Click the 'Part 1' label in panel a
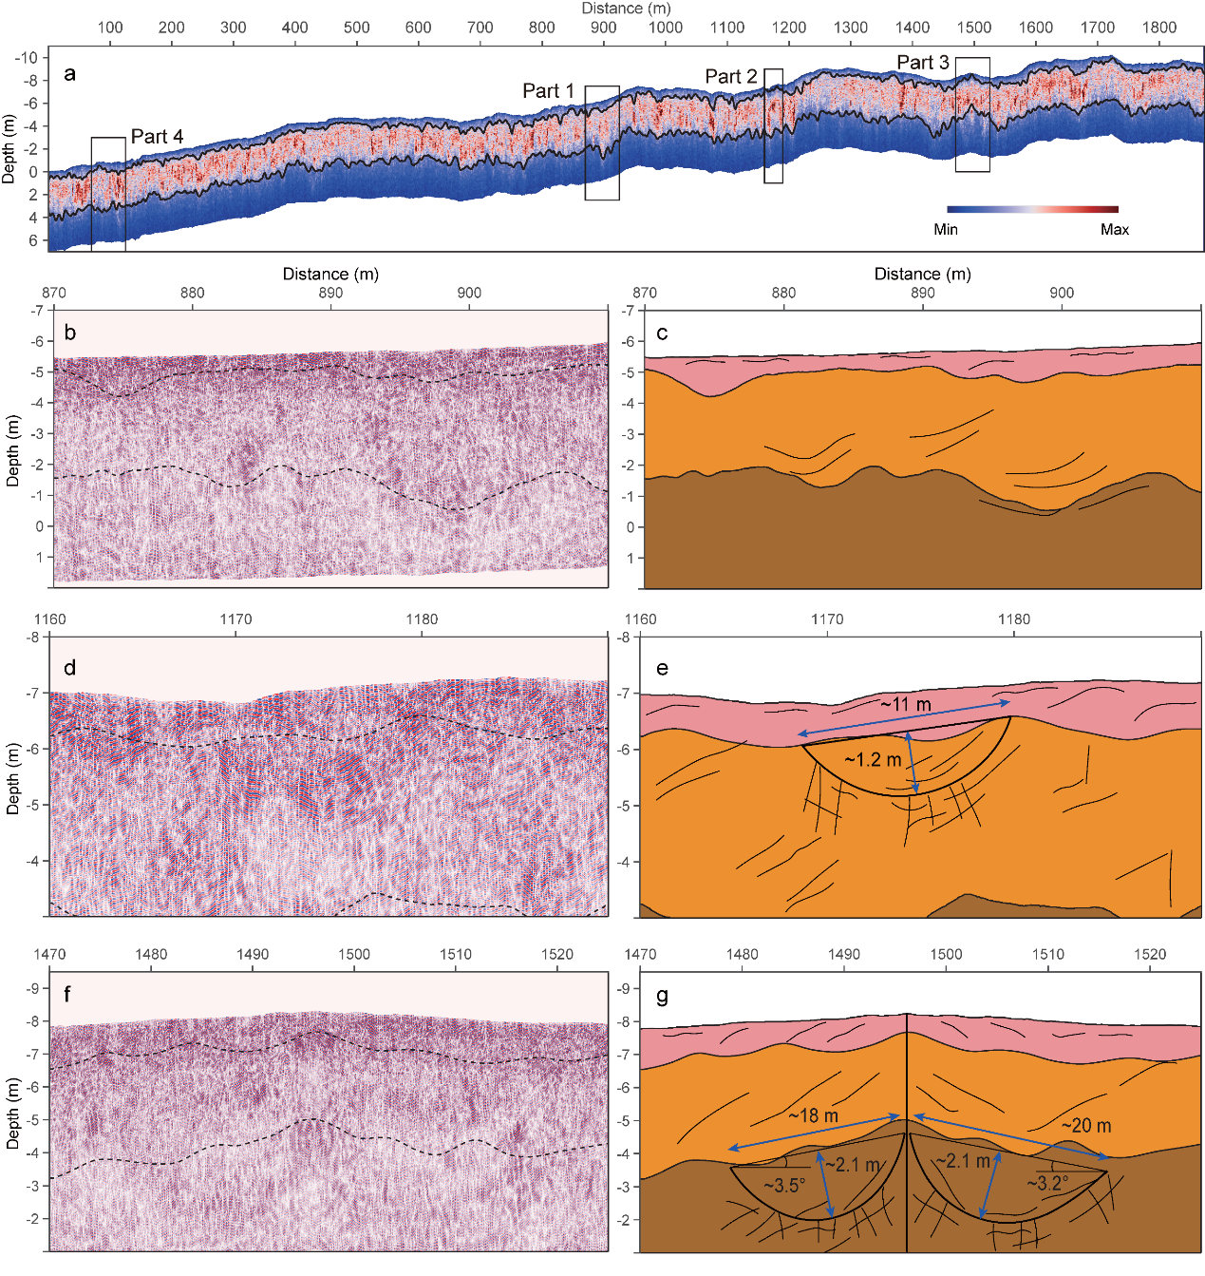[x=548, y=91]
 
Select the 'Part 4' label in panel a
[x=157, y=137]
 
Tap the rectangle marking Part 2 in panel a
[x=773, y=125]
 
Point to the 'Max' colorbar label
[x=1114, y=230]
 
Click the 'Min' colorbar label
[x=946, y=230]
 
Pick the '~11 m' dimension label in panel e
[x=905, y=705]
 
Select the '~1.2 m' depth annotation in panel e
[x=873, y=760]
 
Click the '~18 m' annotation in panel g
[x=813, y=1115]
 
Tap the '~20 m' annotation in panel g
[x=1085, y=1126]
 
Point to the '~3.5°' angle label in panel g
[x=784, y=1186]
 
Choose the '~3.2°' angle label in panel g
[x=1047, y=1184]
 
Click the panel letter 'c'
[x=662, y=333]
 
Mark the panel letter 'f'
[x=68, y=995]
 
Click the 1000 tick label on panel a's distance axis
[x=665, y=28]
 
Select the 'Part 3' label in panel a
[x=922, y=63]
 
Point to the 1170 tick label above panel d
[x=235, y=619]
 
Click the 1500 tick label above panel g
[x=946, y=954]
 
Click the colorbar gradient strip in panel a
[x=1032, y=209]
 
